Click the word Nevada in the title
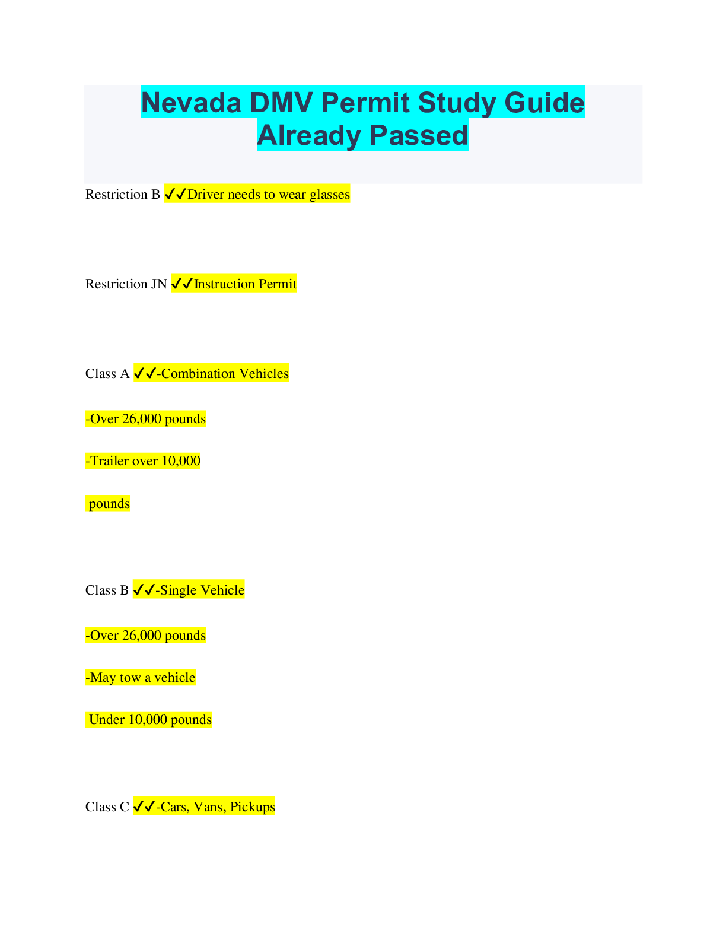coord(192,103)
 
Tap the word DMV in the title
coord(281,103)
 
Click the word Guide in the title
coord(544,103)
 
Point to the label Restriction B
coord(123,195)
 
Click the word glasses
coord(330,195)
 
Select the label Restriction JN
coord(126,284)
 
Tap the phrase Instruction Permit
coord(245,284)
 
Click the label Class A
coord(107,374)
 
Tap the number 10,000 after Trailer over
coord(181,461)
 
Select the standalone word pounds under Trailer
coord(109,504)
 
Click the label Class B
coord(107,590)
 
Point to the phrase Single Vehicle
coord(202,590)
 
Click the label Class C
coord(107,807)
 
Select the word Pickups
coord(253,807)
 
